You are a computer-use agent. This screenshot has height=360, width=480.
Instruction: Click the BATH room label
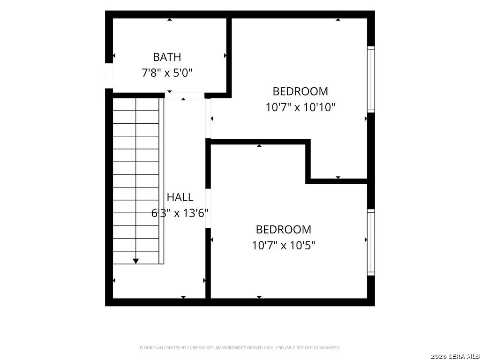167,57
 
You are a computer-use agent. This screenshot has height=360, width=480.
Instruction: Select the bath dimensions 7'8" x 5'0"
167,73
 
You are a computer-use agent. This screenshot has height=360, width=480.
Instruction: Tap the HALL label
180,197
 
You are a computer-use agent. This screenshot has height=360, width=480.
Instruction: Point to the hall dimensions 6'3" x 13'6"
180,213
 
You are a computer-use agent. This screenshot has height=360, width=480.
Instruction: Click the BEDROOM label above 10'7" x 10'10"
300,91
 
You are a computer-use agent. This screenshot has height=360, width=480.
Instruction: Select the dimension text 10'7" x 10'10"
300,107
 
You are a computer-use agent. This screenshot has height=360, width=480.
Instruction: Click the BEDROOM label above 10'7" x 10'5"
284,230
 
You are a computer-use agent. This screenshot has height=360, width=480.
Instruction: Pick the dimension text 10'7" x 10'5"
284,246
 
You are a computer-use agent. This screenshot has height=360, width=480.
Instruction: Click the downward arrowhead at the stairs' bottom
136,261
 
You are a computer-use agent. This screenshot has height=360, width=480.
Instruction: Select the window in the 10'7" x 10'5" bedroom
371,242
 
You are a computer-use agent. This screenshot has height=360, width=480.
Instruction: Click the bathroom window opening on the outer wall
109,76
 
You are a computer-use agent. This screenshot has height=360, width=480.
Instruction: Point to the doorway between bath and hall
185,95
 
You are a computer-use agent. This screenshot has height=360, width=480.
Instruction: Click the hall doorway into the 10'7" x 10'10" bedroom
208,119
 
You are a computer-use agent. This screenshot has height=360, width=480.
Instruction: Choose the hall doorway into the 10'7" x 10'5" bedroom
208,209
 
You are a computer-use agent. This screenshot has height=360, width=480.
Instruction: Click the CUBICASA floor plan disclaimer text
240,348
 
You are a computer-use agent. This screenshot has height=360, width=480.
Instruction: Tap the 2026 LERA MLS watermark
455,356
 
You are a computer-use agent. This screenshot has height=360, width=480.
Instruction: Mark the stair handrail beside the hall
162,181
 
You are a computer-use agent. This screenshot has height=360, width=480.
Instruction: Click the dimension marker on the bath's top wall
170,20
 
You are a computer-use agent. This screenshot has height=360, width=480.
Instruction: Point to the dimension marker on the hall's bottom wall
183,297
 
